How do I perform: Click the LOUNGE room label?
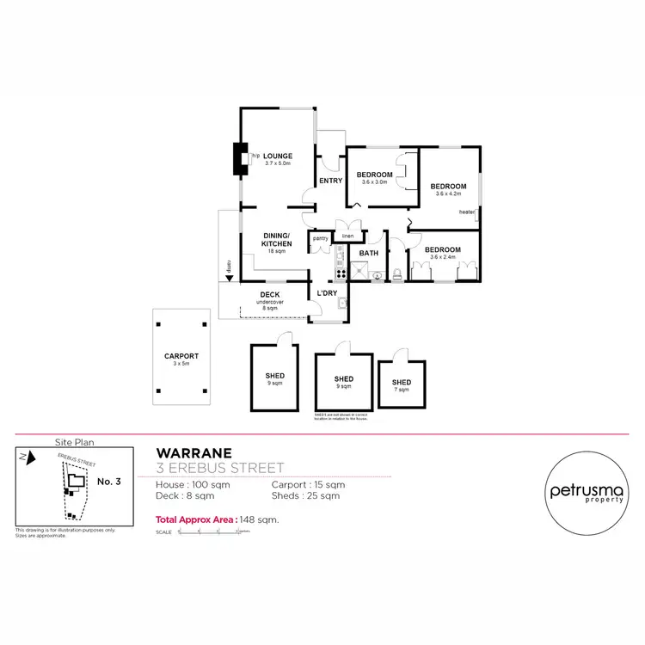point(278,155)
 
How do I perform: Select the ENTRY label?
point(330,181)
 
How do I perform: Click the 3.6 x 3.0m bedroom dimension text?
point(375,182)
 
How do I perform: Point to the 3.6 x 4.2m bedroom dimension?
point(448,193)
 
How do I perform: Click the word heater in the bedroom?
point(467,212)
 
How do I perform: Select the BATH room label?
point(369,253)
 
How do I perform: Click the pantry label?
point(320,238)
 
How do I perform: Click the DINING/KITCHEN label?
point(277,240)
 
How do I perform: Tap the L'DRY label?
point(327,293)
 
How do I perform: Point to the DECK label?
point(270,295)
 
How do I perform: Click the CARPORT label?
point(181,356)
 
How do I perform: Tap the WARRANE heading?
point(192,453)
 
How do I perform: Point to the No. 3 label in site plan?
point(109,482)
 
